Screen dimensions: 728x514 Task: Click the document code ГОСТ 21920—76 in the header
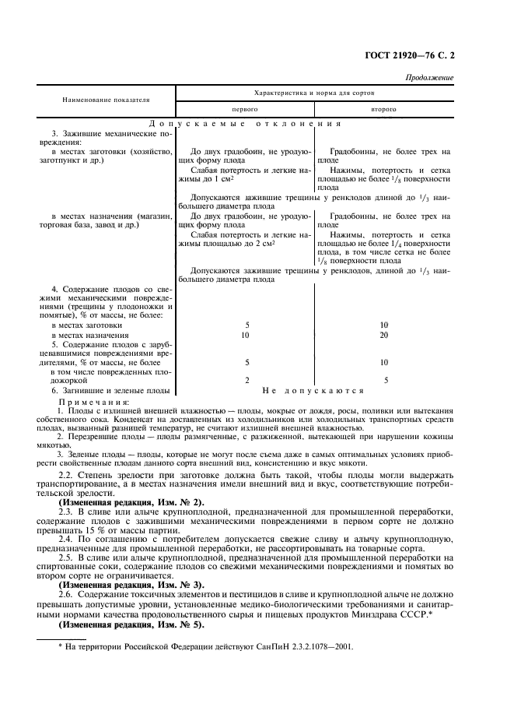click(403, 55)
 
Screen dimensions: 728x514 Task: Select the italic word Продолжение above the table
click(430, 78)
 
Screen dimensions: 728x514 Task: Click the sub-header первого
click(247, 110)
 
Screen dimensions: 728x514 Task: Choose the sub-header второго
click(383, 110)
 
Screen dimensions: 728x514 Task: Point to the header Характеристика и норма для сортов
click(315, 92)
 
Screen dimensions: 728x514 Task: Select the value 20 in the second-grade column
click(383, 335)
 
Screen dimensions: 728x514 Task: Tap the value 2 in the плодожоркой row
click(247, 380)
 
